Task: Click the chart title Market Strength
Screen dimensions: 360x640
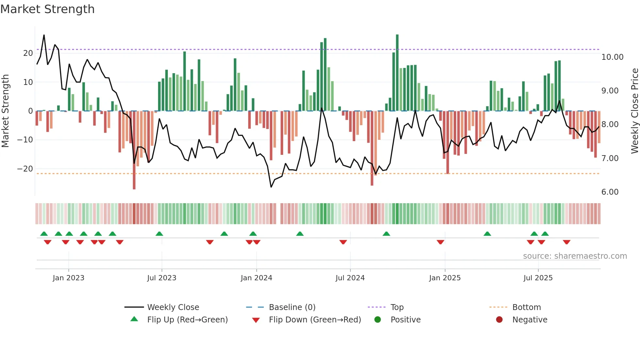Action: click(x=47, y=9)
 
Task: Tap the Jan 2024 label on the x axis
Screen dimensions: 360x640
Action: click(x=256, y=278)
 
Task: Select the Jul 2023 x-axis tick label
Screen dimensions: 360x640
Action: click(x=162, y=278)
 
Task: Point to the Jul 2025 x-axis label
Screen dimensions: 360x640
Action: click(x=538, y=278)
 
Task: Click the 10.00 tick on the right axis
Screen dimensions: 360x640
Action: click(x=612, y=57)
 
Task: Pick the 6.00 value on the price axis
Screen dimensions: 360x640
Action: click(x=610, y=192)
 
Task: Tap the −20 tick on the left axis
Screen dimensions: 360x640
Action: click(x=25, y=169)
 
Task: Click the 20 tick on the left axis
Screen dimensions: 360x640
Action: click(x=28, y=53)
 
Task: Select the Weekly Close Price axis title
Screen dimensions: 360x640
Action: click(x=634, y=111)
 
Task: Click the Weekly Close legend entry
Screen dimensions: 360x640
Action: click(x=173, y=307)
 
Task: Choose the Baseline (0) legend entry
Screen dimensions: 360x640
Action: click(x=292, y=307)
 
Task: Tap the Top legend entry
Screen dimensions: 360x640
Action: click(x=397, y=307)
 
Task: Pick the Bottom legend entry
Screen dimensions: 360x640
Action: click(x=526, y=307)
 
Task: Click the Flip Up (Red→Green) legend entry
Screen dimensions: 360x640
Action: click(x=187, y=320)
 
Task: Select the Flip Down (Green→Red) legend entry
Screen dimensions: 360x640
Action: click(x=315, y=320)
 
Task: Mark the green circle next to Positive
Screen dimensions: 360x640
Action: click(x=378, y=320)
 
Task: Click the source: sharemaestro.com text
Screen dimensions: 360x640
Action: click(x=575, y=256)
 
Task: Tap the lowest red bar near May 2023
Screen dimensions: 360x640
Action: click(x=134, y=150)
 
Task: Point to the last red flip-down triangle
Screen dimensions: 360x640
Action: click(x=567, y=242)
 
